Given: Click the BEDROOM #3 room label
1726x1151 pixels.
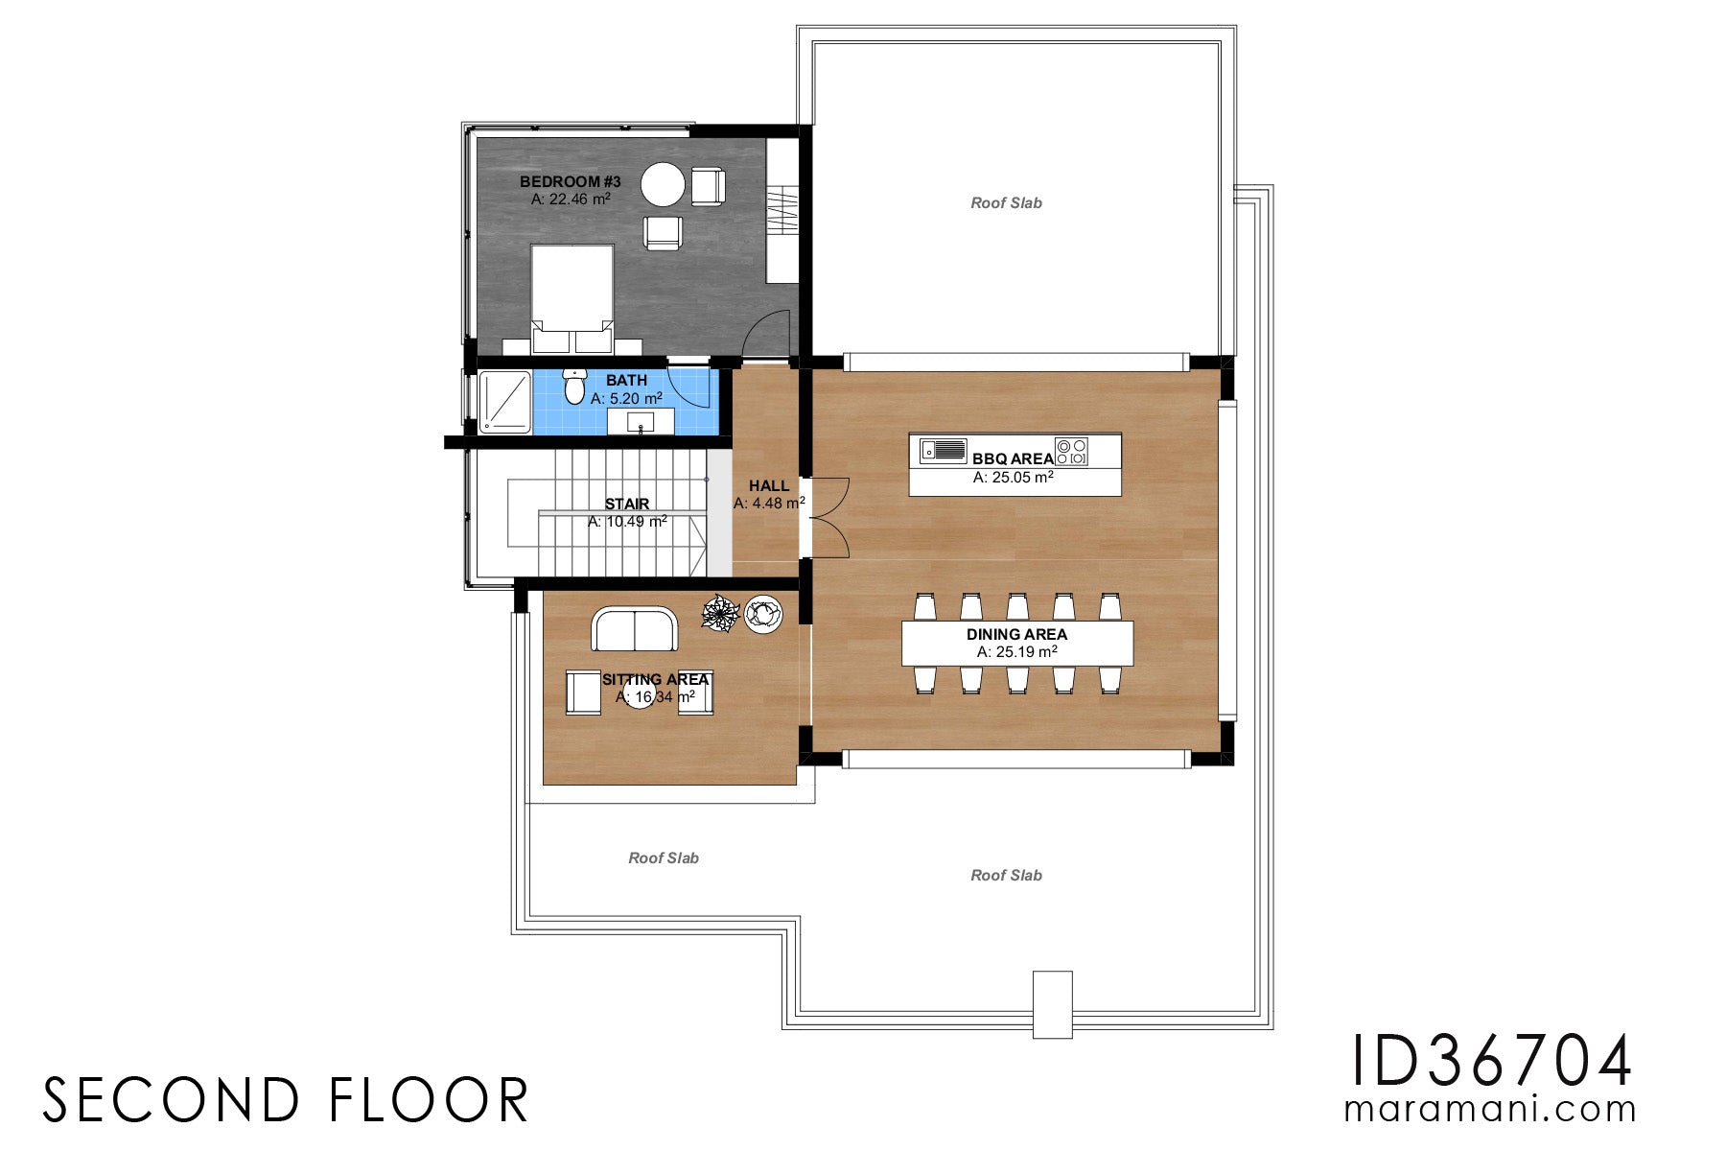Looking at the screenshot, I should coord(570,181).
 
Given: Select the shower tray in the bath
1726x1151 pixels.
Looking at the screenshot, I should coord(504,401).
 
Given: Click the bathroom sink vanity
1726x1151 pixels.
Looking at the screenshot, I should coord(641,421).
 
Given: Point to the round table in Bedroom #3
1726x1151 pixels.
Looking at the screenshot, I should coord(663,185).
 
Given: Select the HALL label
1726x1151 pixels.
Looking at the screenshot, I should coord(768,485).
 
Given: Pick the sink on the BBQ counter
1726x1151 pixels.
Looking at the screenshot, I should coord(944,449).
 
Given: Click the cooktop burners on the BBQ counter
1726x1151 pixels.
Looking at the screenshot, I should coord(1071,452).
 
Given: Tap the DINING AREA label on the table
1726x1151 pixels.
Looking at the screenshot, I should coord(1016,634).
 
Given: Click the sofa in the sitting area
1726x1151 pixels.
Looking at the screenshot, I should coord(634,629).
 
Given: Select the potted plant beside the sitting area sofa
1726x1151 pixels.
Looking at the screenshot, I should coord(719,613).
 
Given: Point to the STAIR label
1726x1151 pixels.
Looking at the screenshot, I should coord(626,504).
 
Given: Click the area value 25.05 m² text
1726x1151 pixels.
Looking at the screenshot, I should coord(1013,477).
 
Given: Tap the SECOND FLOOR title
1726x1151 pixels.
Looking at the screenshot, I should coord(286,1100).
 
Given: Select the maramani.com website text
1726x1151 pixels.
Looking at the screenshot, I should coord(1490,1109).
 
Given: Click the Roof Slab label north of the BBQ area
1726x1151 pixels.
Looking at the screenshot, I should coord(1006,202).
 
